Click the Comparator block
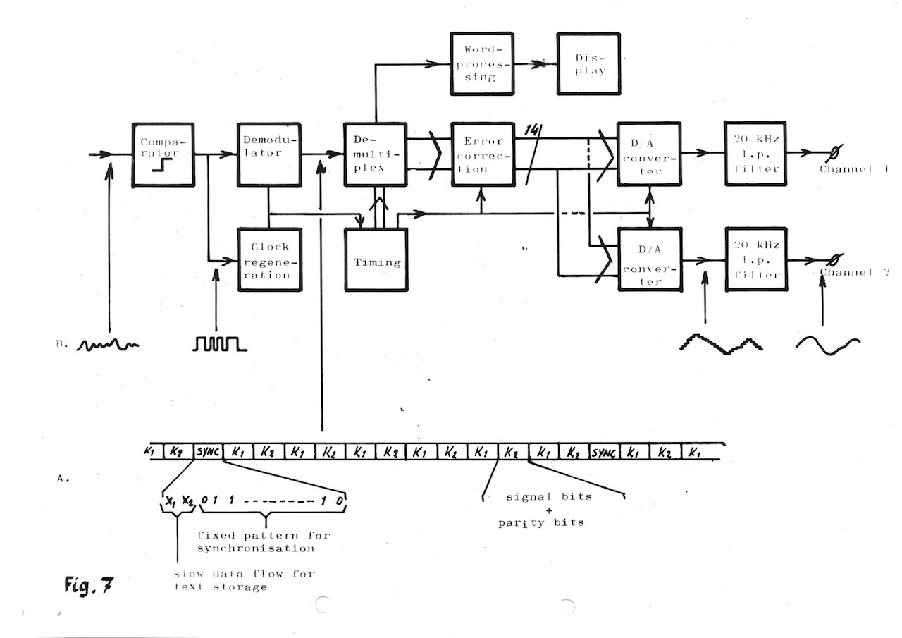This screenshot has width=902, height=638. click(x=163, y=154)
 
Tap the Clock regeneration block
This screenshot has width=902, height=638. click(x=270, y=259)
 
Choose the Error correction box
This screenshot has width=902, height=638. click(x=482, y=154)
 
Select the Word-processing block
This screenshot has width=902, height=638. click(x=482, y=63)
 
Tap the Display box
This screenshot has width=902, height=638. click(x=588, y=63)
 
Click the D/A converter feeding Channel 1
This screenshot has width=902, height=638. click(x=650, y=154)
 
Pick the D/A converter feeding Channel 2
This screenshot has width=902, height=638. click(x=650, y=259)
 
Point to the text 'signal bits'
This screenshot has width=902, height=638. click(x=549, y=497)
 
